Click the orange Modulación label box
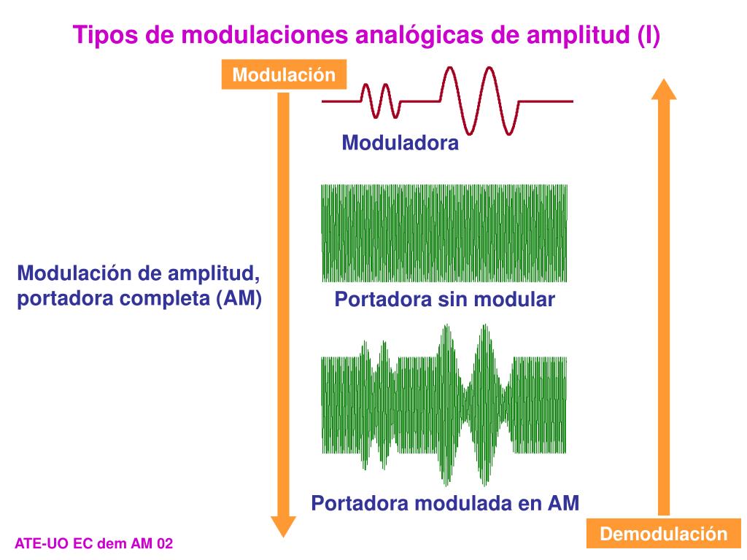[x=284, y=75]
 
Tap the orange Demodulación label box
[x=663, y=534]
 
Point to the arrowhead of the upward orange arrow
[x=663, y=89]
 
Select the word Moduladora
[x=400, y=143]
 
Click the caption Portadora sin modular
[x=444, y=300]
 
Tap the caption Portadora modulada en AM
[x=445, y=503]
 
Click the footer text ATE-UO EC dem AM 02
[x=94, y=544]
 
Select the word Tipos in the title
[x=99, y=35]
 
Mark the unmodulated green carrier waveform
[x=444, y=233]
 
